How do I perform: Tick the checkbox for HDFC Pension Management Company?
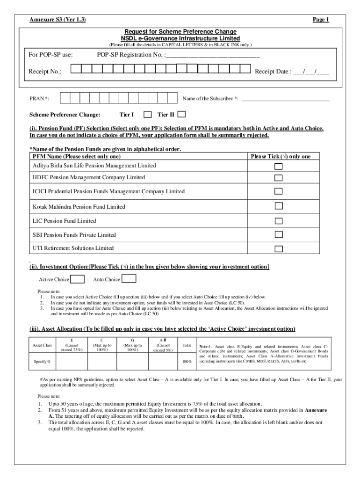(278, 178)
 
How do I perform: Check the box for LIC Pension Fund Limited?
(278, 220)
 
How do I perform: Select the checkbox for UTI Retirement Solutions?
(278, 248)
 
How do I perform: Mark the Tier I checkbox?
(147, 115)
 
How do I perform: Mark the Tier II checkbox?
(181, 115)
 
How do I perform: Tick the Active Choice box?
(77, 279)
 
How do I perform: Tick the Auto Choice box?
(129, 279)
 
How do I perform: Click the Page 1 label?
(321, 20)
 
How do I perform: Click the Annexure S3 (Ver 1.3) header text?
(58, 20)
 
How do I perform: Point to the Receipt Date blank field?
(311, 72)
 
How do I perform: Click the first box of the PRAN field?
(65, 99)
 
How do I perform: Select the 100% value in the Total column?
(187, 362)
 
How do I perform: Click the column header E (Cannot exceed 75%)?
(71, 345)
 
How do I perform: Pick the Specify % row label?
(42, 362)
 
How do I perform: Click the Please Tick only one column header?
(281, 156)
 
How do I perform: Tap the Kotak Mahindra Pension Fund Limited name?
(79, 206)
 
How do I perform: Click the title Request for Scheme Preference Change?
(180, 31)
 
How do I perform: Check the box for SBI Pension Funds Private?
(278, 234)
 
